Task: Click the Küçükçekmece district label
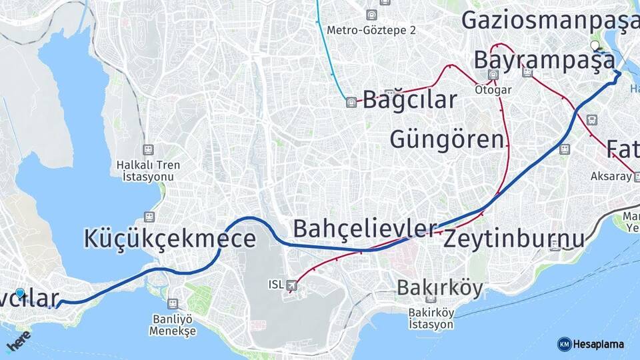coord(170,239)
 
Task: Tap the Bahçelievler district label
coord(365,229)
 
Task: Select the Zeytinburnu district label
coord(513,238)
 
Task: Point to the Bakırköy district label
coord(439,287)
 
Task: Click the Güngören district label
coord(447,140)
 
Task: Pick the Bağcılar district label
coord(410,100)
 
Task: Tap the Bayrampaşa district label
coord(544,60)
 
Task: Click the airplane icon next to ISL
coord(291,285)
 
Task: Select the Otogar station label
coord(493,89)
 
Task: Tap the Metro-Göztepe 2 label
coord(371,30)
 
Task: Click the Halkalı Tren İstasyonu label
coord(148,171)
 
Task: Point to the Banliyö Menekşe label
coord(173,325)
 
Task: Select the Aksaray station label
coord(611,176)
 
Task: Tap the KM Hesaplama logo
coord(591,344)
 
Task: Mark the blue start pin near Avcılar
coord(20,293)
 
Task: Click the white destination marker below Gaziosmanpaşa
coord(595,46)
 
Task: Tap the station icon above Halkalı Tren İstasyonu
coord(148,151)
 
